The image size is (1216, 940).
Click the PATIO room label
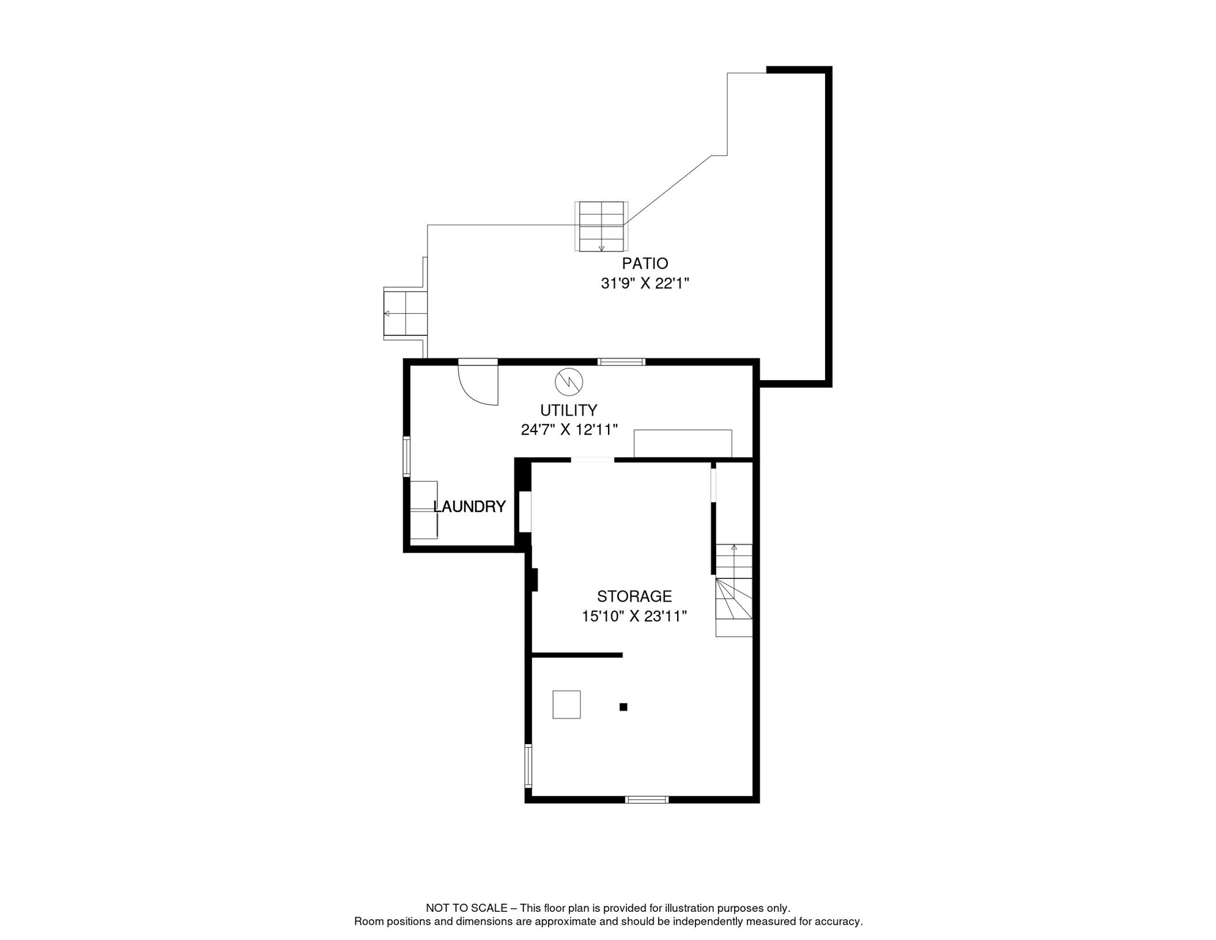pyautogui.click(x=645, y=264)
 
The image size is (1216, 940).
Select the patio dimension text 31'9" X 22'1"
pyautogui.click(x=645, y=283)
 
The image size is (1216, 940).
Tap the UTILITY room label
pyautogui.click(x=568, y=410)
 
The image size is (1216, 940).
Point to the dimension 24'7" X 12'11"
pyautogui.click(x=569, y=430)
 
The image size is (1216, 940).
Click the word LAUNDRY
pyautogui.click(x=469, y=507)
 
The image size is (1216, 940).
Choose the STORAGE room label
pyautogui.click(x=634, y=596)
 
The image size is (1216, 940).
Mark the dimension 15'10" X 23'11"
pyautogui.click(x=634, y=616)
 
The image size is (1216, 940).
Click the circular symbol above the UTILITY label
pyautogui.click(x=568, y=382)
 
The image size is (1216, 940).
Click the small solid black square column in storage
pyautogui.click(x=623, y=707)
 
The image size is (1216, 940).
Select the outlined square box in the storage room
pyautogui.click(x=566, y=704)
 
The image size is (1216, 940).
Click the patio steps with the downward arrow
pyautogui.click(x=601, y=226)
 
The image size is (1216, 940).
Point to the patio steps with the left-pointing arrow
pyautogui.click(x=405, y=313)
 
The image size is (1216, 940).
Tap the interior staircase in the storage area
pyautogui.click(x=734, y=591)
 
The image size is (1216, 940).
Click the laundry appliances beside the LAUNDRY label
pyautogui.click(x=423, y=510)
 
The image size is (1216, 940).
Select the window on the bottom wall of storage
pyautogui.click(x=647, y=799)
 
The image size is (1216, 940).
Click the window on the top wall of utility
pyautogui.click(x=621, y=362)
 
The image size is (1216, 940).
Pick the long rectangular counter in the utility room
pyautogui.click(x=683, y=443)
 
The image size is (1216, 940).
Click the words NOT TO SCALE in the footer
pyautogui.click(x=466, y=908)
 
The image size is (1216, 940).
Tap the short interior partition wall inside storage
pyautogui.click(x=577, y=655)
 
